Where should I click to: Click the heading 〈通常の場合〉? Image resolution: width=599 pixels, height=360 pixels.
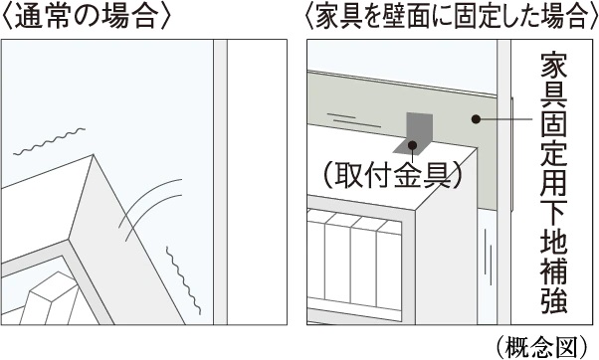pos(86,17)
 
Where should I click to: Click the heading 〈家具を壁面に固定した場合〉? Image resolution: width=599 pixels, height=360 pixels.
pos(452,17)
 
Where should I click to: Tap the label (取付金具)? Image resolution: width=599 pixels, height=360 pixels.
pos(392,176)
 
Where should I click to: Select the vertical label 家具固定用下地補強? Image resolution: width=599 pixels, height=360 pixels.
pos(554,184)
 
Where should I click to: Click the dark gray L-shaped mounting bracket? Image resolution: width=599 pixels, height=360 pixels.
pos(415,133)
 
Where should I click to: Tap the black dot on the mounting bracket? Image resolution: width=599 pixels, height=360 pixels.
pos(413,145)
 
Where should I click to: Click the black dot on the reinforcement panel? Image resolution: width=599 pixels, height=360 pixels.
pos(476,119)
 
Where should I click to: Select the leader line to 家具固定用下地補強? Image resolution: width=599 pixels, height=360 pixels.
pos(504,119)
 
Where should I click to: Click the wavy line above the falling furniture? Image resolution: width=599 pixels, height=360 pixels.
pos(49,141)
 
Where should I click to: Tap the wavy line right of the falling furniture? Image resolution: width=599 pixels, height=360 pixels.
pos(183,280)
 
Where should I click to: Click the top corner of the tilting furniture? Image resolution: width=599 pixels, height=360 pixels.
pos(94,154)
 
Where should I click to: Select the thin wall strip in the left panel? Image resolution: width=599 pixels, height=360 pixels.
pos(220,182)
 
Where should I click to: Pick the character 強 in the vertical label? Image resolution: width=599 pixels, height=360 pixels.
pos(554,300)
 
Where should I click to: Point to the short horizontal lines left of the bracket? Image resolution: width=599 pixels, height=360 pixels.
pos(354,119)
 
